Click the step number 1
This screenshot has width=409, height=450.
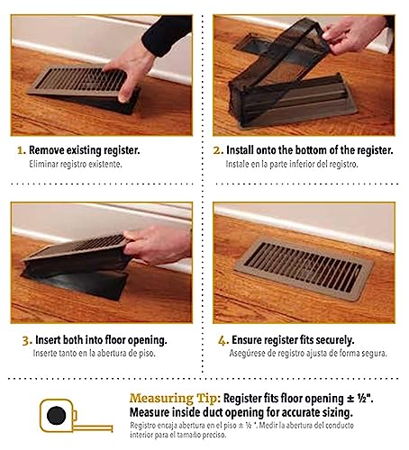tap(22, 150)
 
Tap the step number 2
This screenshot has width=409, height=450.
tap(218, 150)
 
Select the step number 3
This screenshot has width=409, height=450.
tap(27, 340)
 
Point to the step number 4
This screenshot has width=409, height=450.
tap(223, 340)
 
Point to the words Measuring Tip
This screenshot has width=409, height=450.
tap(175, 399)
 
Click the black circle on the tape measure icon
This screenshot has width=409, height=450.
tap(57, 415)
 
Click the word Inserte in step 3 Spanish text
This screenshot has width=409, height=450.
tap(45, 354)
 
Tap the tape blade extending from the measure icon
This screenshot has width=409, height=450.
tap(93, 428)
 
